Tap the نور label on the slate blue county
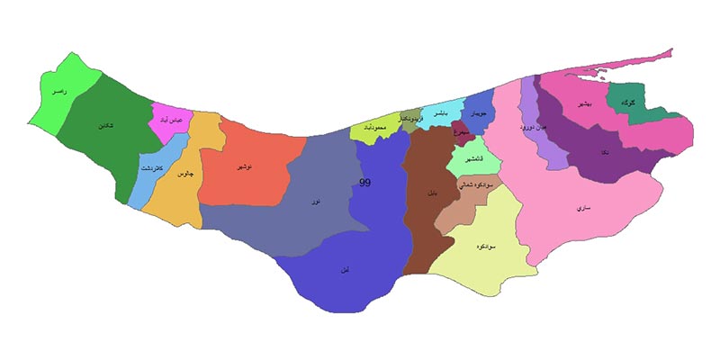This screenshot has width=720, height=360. coord(314,202)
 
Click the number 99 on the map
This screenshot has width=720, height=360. coord(364,183)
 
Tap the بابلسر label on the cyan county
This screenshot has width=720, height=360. coord(442,114)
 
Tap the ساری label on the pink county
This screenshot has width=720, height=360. coord(582,208)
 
